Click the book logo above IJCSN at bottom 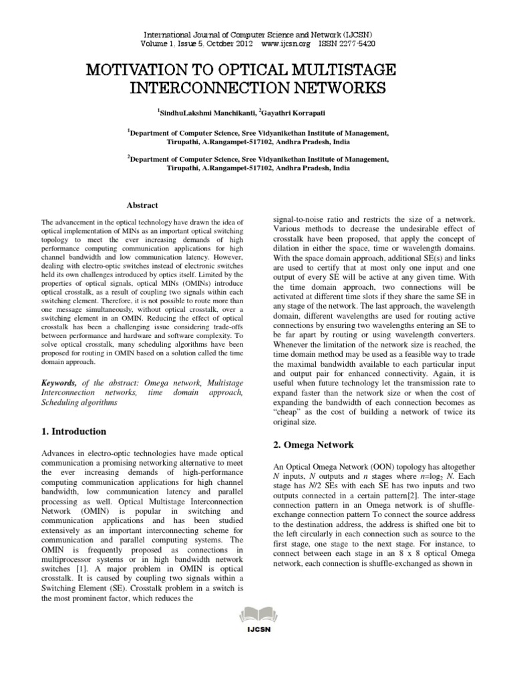pos(256,650)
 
